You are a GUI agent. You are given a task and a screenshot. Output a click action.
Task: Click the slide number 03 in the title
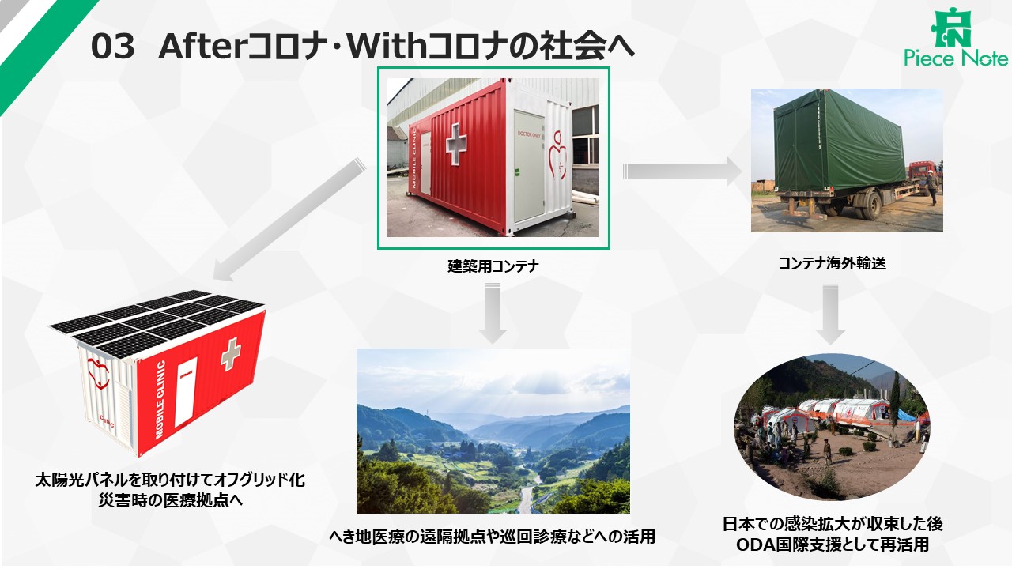pyautogui.click(x=112, y=47)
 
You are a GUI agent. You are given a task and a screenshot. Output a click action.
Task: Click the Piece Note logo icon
pyautogui.click(x=950, y=28)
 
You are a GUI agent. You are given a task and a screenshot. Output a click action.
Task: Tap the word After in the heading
pyautogui.click(x=201, y=46)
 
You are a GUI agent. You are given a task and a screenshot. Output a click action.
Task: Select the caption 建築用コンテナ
pyautogui.click(x=493, y=266)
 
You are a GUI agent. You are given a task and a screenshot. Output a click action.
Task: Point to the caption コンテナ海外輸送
pyautogui.click(x=833, y=263)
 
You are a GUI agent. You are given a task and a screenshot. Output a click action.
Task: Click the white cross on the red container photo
pyautogui.click(x=456, y=144)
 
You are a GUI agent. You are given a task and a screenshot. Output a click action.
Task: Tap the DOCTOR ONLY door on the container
pyautogui.click(x=528, y=166)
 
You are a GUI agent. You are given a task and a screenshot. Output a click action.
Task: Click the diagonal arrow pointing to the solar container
pyautogui.click(x=289, y=220)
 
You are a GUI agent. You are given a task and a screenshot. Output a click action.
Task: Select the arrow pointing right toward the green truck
pyautogui.click(x=682, y=171)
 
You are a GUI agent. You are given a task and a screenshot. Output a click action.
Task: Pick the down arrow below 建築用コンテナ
pyautogui.click(x=493, y=313)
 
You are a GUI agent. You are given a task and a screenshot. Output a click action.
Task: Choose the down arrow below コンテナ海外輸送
pyautogui.click(x=830, y=314)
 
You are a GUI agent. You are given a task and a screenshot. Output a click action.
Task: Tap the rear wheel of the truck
pyautogui.click(x=871, y=205)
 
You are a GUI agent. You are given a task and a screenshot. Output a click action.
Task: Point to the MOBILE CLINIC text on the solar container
pyautogui.click(x=160, y=400)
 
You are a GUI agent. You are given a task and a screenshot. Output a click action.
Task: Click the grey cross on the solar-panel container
pyautogui.click(x=230, y=354)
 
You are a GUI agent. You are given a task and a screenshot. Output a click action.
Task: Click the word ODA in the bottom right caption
pyautogui.click(x=755, y=545)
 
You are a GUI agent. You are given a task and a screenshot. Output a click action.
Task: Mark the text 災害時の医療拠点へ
pyautogui.click(x=170, y=500)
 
